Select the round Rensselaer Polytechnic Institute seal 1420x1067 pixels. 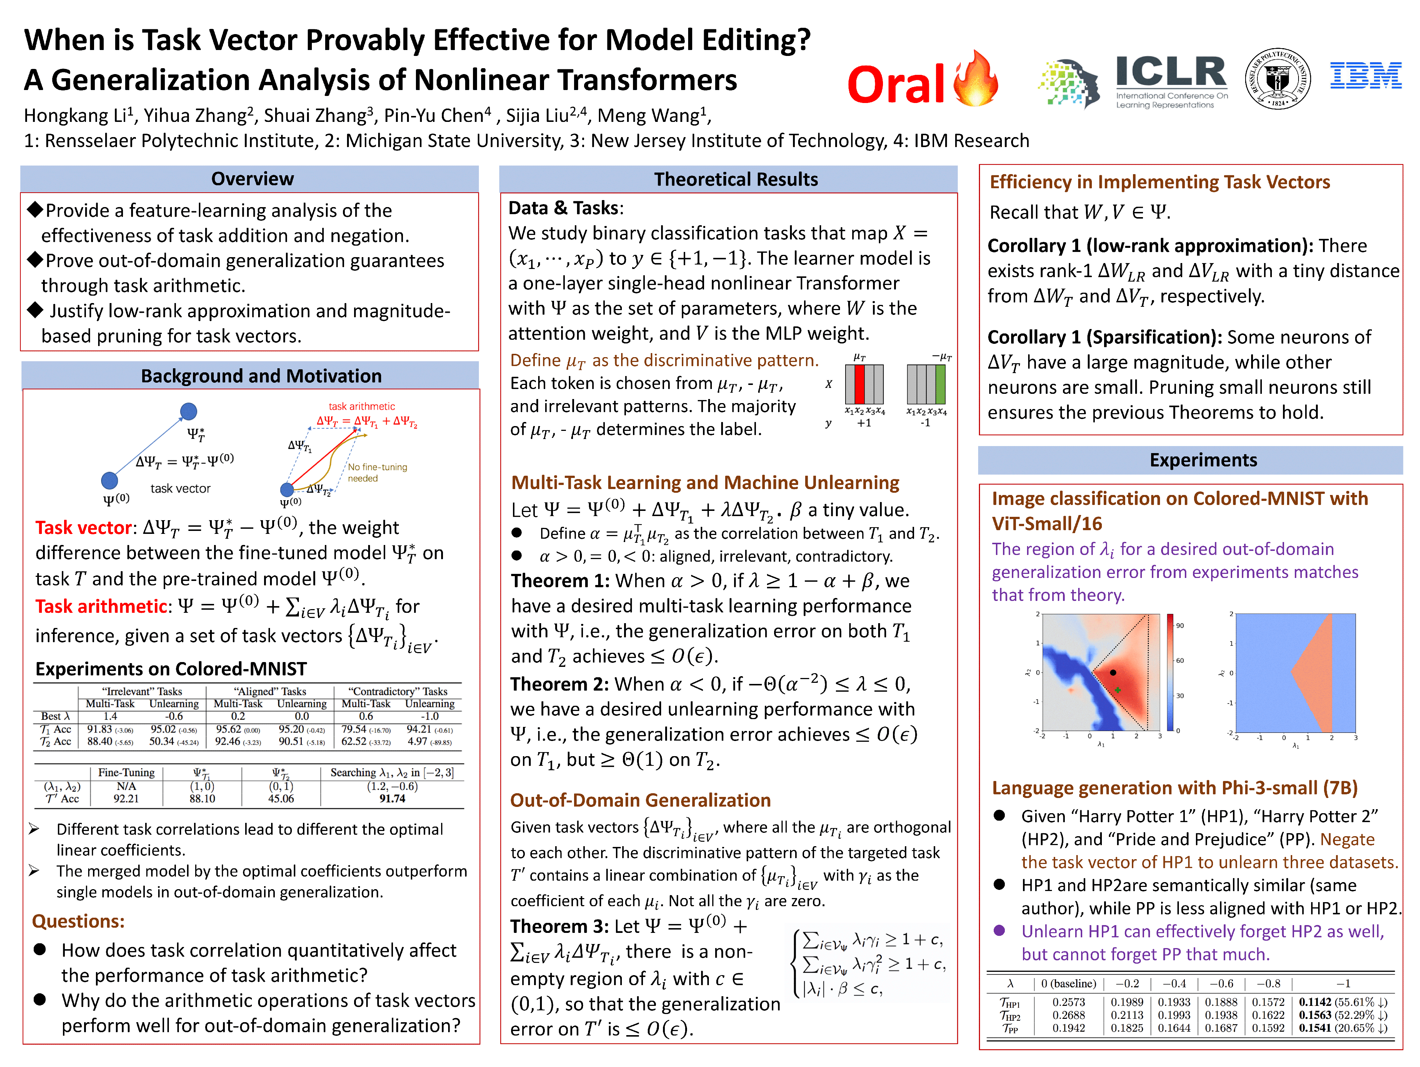(x=1277, y=78)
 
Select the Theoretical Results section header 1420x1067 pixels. (x=736, y=179)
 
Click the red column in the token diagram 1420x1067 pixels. (x=859, y=384)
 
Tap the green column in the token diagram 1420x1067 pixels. (x=940, y=384)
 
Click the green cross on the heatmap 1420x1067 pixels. (x=1118, y=689)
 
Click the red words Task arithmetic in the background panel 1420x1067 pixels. (x=101, y=607)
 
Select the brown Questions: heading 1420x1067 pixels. (x=78, y=921)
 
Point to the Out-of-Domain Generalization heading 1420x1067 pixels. (x=640, y=800)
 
